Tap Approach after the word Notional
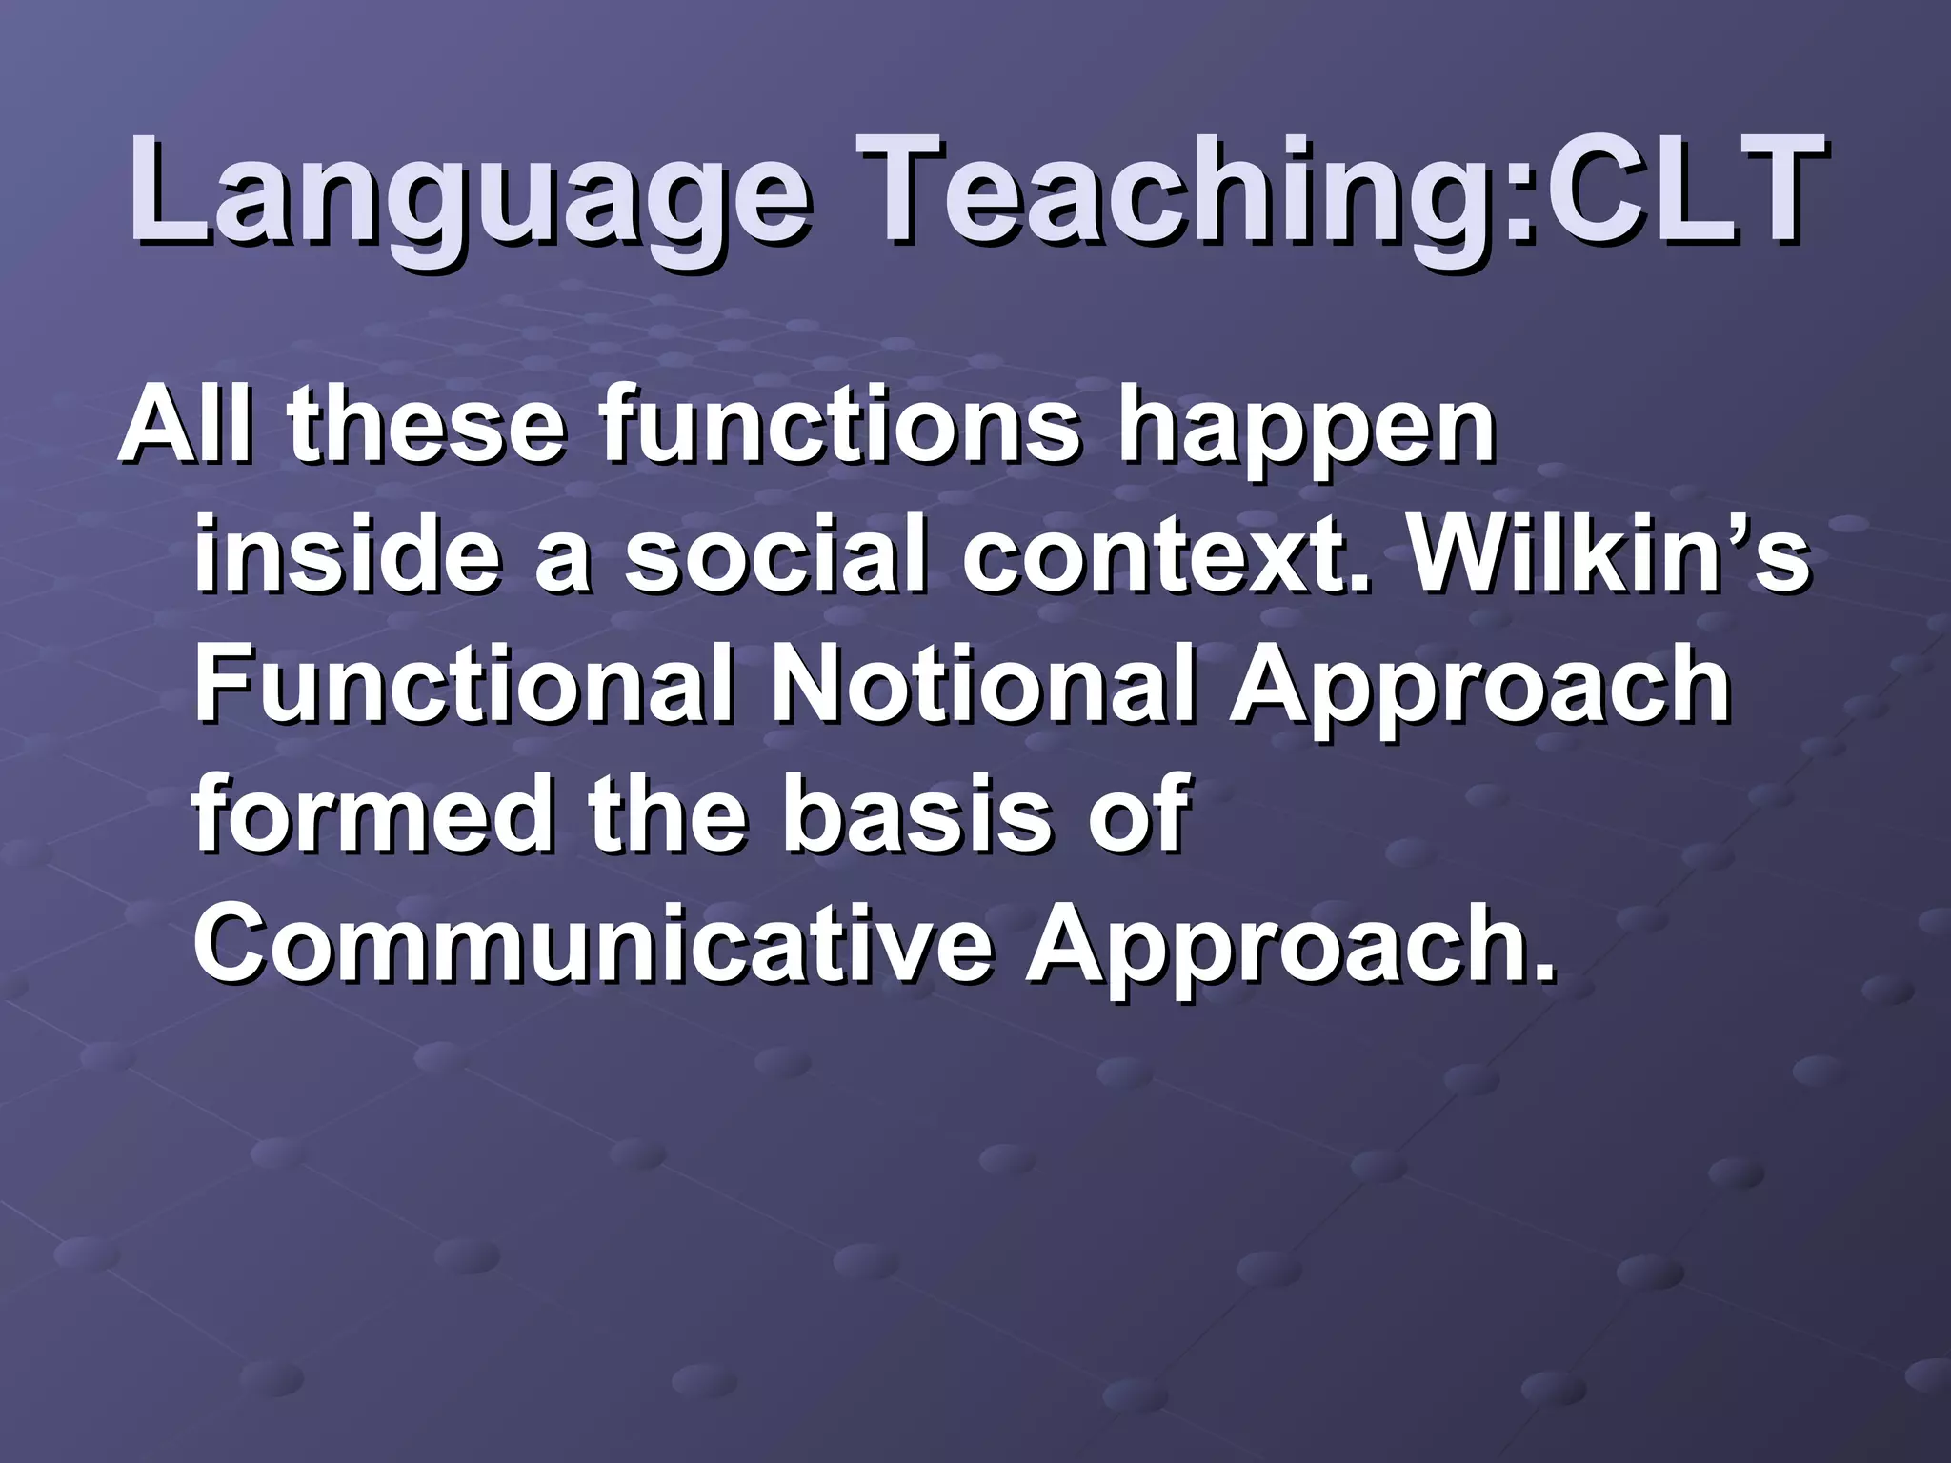point(1478,691)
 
